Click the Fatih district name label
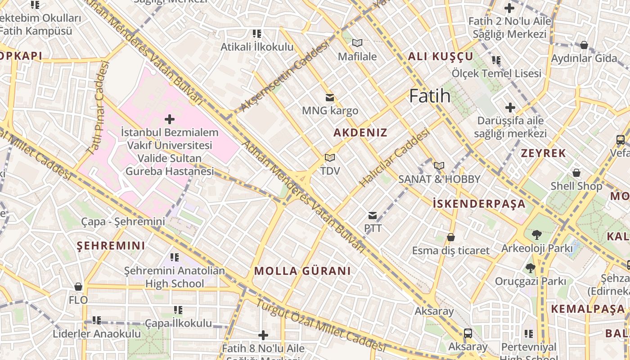click(430, 96)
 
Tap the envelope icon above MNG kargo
click(330, 97)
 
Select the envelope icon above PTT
click(373, 216)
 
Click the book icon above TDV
click(330, 158)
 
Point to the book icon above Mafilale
click(357, 43)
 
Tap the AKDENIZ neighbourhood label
click(360, 133)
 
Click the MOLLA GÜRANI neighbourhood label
click(302, 271)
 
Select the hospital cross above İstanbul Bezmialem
click(170, 119)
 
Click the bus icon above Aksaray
click(468, 333)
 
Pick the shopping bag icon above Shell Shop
click(576, 173)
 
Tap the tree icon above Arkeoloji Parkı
click(536, 234)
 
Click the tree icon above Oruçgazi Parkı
click(530, 268)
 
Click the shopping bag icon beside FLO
click(78, 287)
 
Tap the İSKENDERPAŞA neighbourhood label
click(479, 204)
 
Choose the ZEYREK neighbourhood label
click(543, 153)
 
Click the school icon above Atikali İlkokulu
click(257, 34)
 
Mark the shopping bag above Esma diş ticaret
click(450, 237)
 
